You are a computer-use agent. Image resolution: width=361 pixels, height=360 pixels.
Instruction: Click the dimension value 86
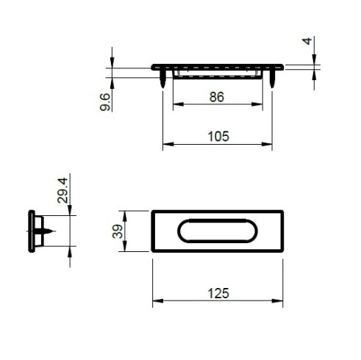(x=217, y=97)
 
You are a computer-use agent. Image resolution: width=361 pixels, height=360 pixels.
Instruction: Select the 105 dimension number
(x=218, y=137)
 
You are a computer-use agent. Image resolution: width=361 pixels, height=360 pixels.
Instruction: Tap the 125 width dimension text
(x=218, y=293)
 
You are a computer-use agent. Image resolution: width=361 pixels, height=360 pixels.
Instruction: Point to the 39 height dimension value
(x=118, y=231)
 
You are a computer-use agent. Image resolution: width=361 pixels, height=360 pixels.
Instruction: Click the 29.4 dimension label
(x=62, y=190)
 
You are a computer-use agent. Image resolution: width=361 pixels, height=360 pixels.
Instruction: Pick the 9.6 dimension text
(x=105, y=102)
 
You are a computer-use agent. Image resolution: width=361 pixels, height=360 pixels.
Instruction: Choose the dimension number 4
(x=307, y=41)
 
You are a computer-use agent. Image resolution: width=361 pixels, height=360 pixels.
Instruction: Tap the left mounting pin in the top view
(x=163, y=79)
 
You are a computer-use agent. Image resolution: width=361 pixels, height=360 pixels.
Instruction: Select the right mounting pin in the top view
(x=272, y=79)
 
